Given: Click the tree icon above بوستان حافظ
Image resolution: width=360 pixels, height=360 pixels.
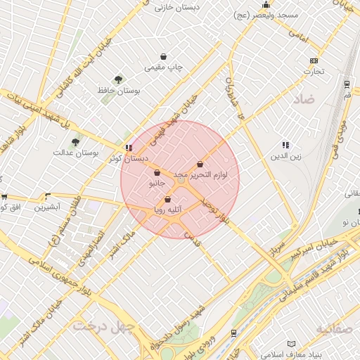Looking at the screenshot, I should [118, 80].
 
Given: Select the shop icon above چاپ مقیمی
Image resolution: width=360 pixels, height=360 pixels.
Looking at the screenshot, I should [164, 56].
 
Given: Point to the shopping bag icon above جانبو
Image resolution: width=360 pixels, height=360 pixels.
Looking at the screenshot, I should [156, 172].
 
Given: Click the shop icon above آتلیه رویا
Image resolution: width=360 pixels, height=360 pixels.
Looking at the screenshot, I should [167, 199].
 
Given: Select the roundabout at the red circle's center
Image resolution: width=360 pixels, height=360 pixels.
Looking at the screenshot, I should [181, 181].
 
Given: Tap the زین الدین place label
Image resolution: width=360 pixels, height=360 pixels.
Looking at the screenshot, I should [287, 156].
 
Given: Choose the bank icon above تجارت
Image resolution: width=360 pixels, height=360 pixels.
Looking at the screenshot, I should [314, 60].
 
